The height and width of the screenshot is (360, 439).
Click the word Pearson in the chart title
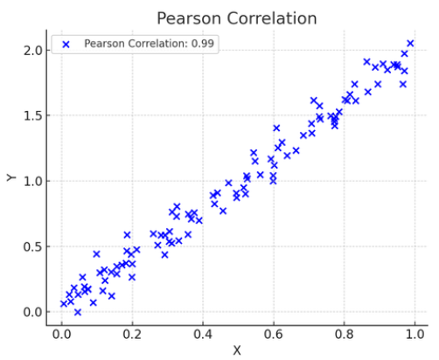[x=189, y=18]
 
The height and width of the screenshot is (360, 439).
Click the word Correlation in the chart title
[x=272, y=18]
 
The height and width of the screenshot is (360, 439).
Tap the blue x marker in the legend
[x=66, y=45]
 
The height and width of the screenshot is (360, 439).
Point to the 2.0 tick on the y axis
[x=32, y=51]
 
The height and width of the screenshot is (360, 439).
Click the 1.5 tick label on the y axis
[x=32, y=115]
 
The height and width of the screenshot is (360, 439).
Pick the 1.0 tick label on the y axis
[x=32, y=181]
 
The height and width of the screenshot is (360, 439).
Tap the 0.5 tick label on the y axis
[x=32, y=246]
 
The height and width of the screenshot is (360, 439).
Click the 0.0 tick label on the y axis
[x=32, y=312]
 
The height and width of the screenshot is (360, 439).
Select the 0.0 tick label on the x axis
[x=61, y=334]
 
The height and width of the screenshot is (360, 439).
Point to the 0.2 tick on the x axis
[x=132, y=334]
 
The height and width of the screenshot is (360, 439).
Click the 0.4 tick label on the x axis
[x=203, y=334]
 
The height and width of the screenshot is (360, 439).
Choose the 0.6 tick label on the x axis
[x=274, y=334]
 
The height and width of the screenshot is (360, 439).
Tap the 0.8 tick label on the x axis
[x=344, y=334]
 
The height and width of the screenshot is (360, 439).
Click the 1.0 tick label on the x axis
[x=415, y=334]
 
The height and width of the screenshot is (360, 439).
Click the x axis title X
[x=237, y=350]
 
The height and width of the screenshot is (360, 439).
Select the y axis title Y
[x=11, y=177]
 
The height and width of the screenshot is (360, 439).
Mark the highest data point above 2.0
[x=410, y=44]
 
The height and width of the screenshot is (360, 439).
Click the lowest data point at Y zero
[x=78, y=312]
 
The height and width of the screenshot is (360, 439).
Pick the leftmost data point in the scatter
[x=64, y=304]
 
